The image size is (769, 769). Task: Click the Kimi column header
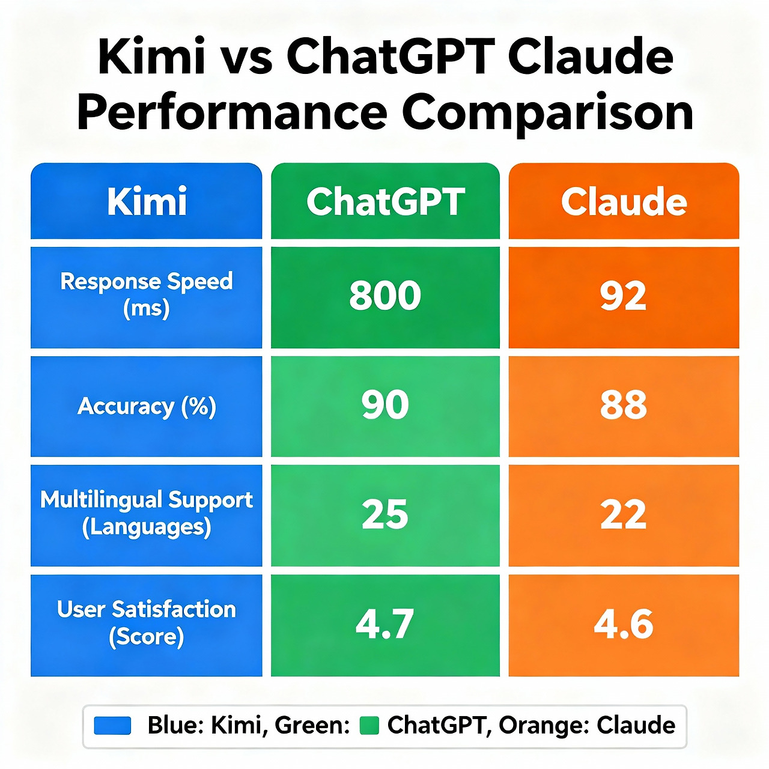pos(147,201)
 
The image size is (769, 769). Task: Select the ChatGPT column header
pos(385,201)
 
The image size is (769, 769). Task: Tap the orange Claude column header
pos(624,201)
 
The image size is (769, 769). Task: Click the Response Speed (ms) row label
pos(147,294)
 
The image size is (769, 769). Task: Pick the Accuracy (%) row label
pos(147,407)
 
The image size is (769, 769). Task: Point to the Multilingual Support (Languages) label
pos(147,513)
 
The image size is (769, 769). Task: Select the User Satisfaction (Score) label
pos(147,623)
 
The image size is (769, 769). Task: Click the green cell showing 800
pos(385,296)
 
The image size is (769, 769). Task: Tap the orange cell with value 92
pos(624,296)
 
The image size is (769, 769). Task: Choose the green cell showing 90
pos(385,405)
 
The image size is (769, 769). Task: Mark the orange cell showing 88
pos(624,405)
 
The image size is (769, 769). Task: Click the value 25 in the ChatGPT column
pos(385,514)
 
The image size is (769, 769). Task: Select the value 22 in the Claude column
pos(624,514)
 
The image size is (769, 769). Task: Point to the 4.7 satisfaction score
pos(385,624)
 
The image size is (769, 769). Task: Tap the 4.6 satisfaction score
pos(624,624)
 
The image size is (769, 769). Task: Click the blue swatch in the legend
pos(112,726)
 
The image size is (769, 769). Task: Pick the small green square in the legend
pos(369,726)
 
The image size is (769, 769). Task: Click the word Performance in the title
pos(232,112)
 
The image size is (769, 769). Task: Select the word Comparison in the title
pos(547,112)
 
